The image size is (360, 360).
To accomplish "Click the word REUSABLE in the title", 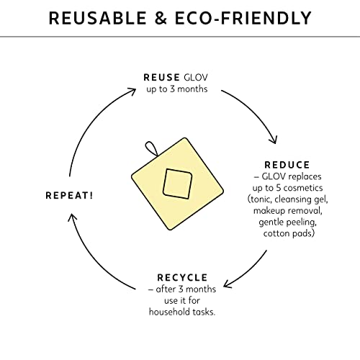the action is coord(97,18).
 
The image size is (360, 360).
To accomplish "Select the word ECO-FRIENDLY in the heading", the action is coord(243,18).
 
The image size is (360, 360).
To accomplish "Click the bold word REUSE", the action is coord(161,78).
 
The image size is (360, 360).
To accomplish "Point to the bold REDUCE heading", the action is coord(287,165).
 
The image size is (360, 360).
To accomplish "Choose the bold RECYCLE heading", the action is coord(182,278).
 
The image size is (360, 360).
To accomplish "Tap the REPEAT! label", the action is coord(69,196).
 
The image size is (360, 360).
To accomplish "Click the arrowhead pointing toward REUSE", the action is coord(132,91).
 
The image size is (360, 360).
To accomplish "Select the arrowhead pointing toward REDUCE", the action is coord(274,140).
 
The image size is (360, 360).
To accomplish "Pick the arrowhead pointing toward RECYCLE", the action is coord(227,284).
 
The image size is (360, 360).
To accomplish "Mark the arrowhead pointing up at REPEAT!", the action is coord(72,217).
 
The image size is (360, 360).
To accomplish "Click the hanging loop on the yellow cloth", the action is coord(151,149).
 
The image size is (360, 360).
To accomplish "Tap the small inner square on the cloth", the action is coord(178,184).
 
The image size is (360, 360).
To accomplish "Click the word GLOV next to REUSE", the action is coord(196,78).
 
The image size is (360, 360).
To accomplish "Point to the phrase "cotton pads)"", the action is coord(289,233).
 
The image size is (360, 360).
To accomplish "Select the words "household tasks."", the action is coord(182,312).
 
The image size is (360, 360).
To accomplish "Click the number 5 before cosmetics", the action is coord(279,188).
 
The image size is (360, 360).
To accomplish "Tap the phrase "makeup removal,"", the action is coord(288,211).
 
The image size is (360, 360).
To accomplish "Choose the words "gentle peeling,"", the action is coord(288,222).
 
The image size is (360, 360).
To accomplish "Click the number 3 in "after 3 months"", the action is coord(181,289).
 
